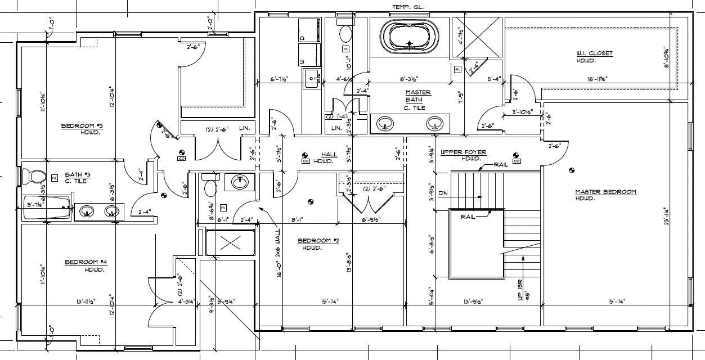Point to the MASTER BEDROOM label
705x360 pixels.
(605, 192)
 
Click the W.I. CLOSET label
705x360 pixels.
(594, 53)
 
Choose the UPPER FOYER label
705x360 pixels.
(463, 152)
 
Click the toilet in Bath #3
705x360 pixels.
(37, 177)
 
